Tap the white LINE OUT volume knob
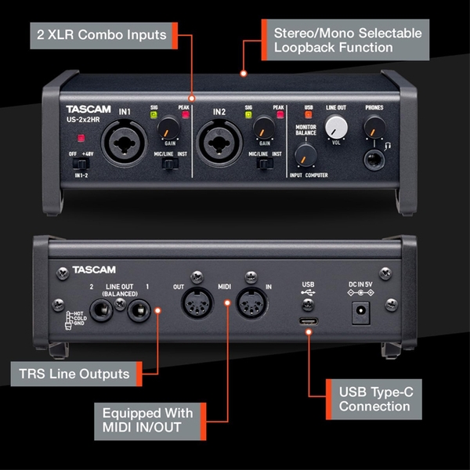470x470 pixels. [x=336, y=126]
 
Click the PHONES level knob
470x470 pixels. [x=374, y=126]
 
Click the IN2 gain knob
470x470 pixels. [x=264, y=128]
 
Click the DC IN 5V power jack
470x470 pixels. [x=361, y=311]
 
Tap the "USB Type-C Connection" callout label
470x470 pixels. [x=374, y=397]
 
